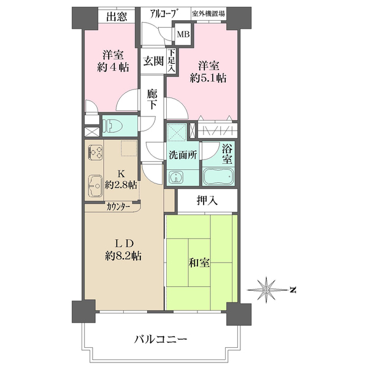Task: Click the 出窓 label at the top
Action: pyautogui.click(x=117, y=17)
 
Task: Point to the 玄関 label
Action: pyautogui.click(x=153, y=61)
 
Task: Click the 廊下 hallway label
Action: pyautogui.click(x=153, y=99)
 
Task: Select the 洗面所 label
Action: pyautogui.click(x=183, y=155)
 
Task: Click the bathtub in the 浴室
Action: pyautogui.click(x=218, y=177)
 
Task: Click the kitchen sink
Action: pyautogui.click(x=96, y=184)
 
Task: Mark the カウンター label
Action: pyautogui.click(x=118, y=207)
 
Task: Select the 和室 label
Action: pyautogui.click(x=200, y=263)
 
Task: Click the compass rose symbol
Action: pyautogui.click(x=267, y=289)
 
